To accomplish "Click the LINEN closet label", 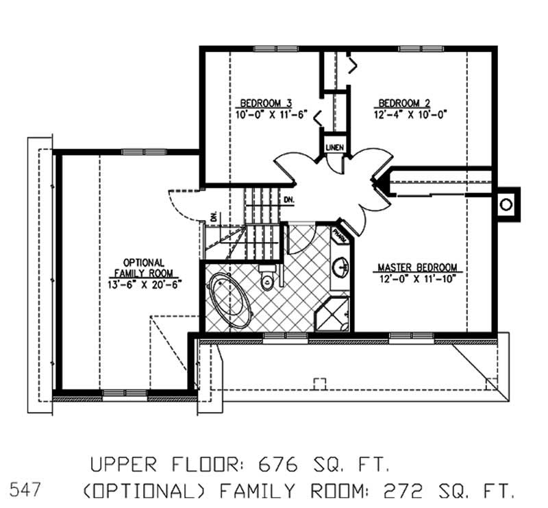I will point(335,147).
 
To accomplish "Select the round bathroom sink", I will point(341,267).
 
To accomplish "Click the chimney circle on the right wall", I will point(506,204).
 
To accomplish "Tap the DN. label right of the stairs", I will point(289,199).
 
